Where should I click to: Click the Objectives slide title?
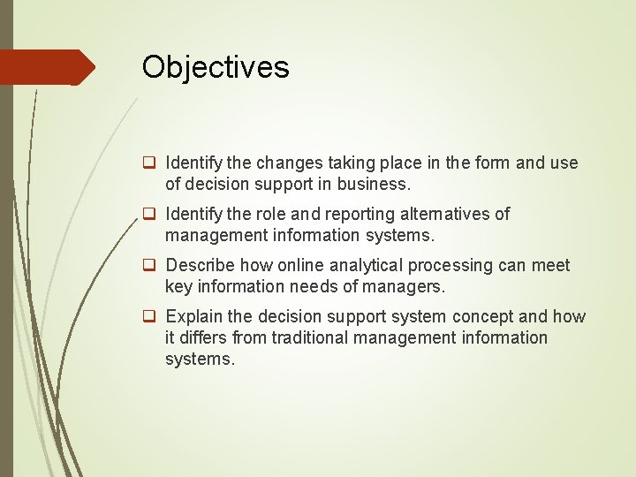point(216,67)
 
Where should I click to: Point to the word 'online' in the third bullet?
point(300,266)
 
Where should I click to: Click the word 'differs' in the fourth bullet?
point(202,337)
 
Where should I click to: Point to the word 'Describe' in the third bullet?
point(198,266)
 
